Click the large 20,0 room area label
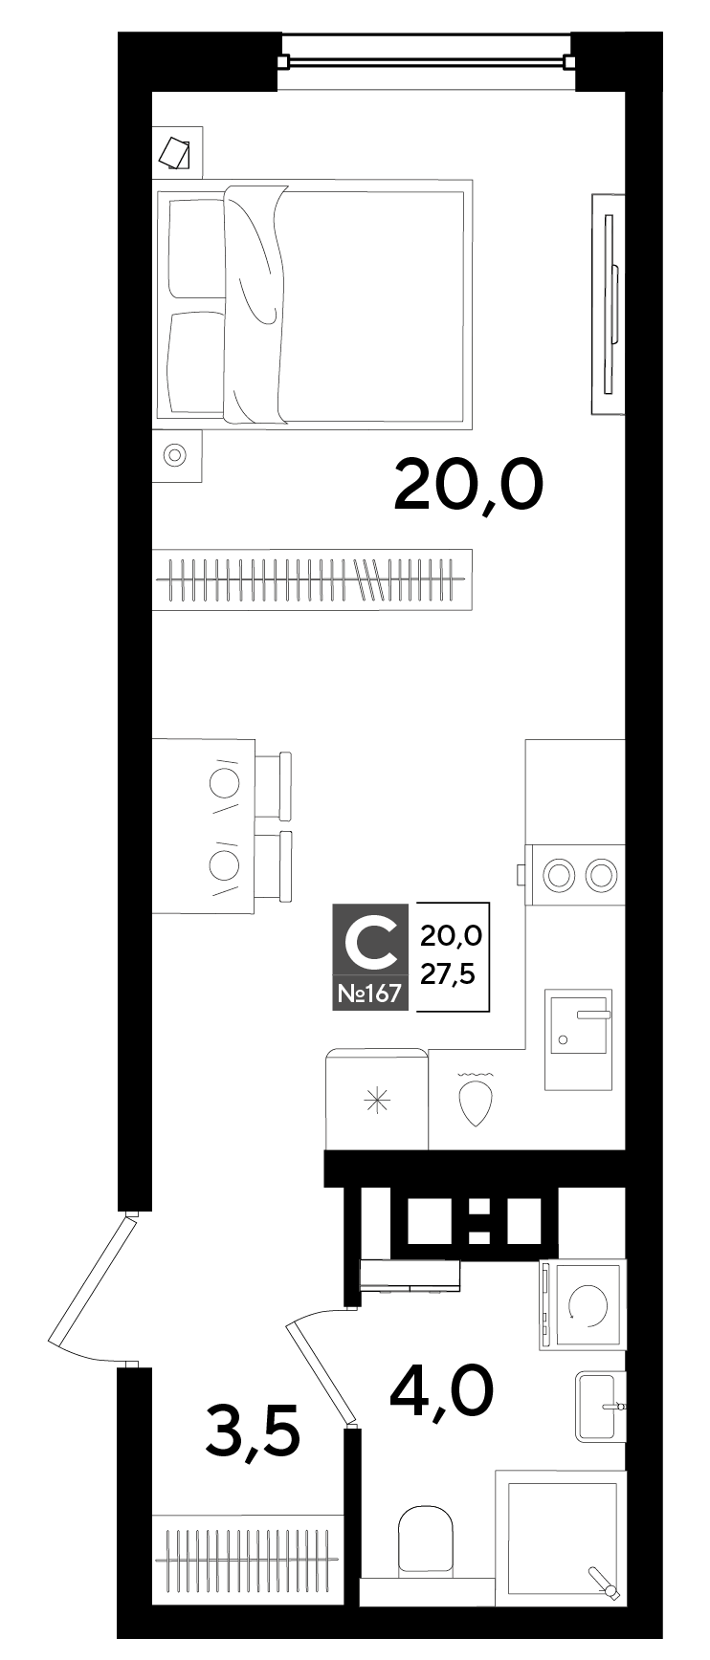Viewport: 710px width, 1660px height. coord(468,486)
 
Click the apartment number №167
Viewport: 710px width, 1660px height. coord(369,994)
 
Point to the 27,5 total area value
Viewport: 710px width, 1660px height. coord(450,974)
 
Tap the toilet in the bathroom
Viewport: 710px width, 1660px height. coord(427,1540)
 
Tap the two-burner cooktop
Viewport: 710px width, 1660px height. coord(576,873)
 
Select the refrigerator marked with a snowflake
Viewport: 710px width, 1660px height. coord(377,1099)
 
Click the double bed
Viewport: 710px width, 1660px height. coord(314,301)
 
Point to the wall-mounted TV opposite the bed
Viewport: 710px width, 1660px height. coord(609,304)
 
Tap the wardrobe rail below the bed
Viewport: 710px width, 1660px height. coord(312,579)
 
